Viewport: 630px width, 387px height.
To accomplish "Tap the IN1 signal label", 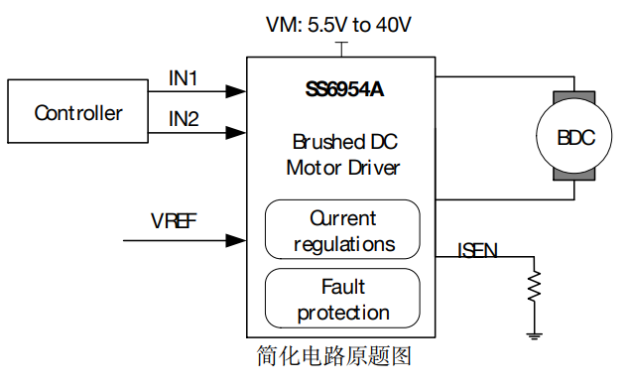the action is click(x=184, y=78).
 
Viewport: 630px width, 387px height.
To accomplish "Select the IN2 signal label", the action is click(x=184, y=119).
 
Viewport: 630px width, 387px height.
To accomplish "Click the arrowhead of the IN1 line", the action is click(x=236, y=91).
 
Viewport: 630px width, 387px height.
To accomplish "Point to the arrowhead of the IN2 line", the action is click(x=236, y=133).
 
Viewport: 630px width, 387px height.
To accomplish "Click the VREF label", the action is click(x=174, y=220).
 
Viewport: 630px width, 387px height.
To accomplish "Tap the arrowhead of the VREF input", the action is click(x=236, y=240).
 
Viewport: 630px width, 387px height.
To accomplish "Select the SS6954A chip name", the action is click(x=344, y=89).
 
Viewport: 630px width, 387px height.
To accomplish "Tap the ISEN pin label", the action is click(x=477, y=250).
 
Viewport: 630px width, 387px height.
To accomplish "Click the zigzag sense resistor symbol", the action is click(x=535, y=286).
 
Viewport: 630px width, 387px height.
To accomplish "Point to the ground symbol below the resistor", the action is click(x=535, y=336).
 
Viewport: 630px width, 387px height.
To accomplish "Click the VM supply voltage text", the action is click(x=338, y=25).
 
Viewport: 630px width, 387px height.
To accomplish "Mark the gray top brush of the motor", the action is click(x=574, y=96).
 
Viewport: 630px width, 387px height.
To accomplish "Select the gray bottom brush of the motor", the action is click(x=574, y=176).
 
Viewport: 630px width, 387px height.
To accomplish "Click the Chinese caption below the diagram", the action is click(x=334, y=356).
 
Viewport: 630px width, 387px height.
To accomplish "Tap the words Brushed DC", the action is click(x=345, y=142).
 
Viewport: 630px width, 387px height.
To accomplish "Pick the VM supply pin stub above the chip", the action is click(x=341, y=49).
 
